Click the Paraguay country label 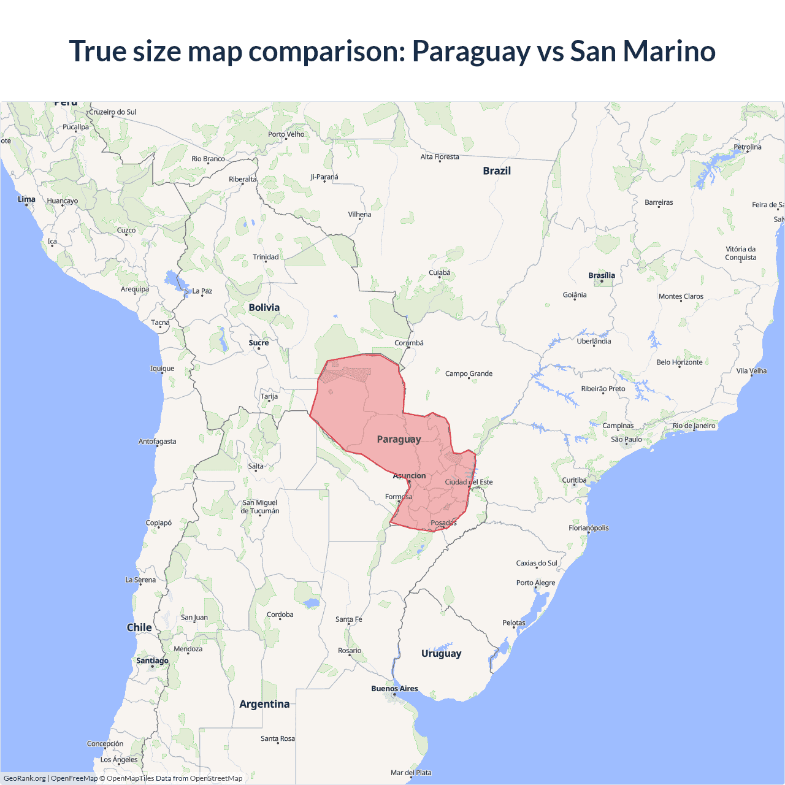[399, 439]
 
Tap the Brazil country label [497, 171]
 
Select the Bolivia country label [264, 308]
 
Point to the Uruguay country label [441, 654]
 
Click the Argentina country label [264, 704]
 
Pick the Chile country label [139, 627]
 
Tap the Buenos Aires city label [394, 689]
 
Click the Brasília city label [602, 275]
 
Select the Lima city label [26, 199]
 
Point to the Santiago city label [152, 661]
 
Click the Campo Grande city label [469, 373]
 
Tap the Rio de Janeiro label [694, 426]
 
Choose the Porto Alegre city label [535, 583]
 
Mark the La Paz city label [202, 291]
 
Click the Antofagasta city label [157, 442]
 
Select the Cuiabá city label [439, 273]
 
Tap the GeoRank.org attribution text [25, 778]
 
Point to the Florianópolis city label [589, 528]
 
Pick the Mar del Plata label [411, 773]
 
